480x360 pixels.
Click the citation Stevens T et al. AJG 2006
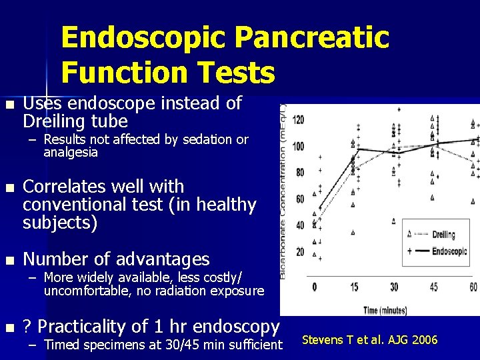click(x=370, y=340)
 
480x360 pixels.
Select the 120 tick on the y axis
click(x=299, y=120)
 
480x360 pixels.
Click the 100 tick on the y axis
click(x=299, y=146)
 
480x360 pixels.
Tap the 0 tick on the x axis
click(x=314, y=287)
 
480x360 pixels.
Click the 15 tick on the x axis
click(x=354, y=287)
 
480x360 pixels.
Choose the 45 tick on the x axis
click(x=434, y=287)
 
